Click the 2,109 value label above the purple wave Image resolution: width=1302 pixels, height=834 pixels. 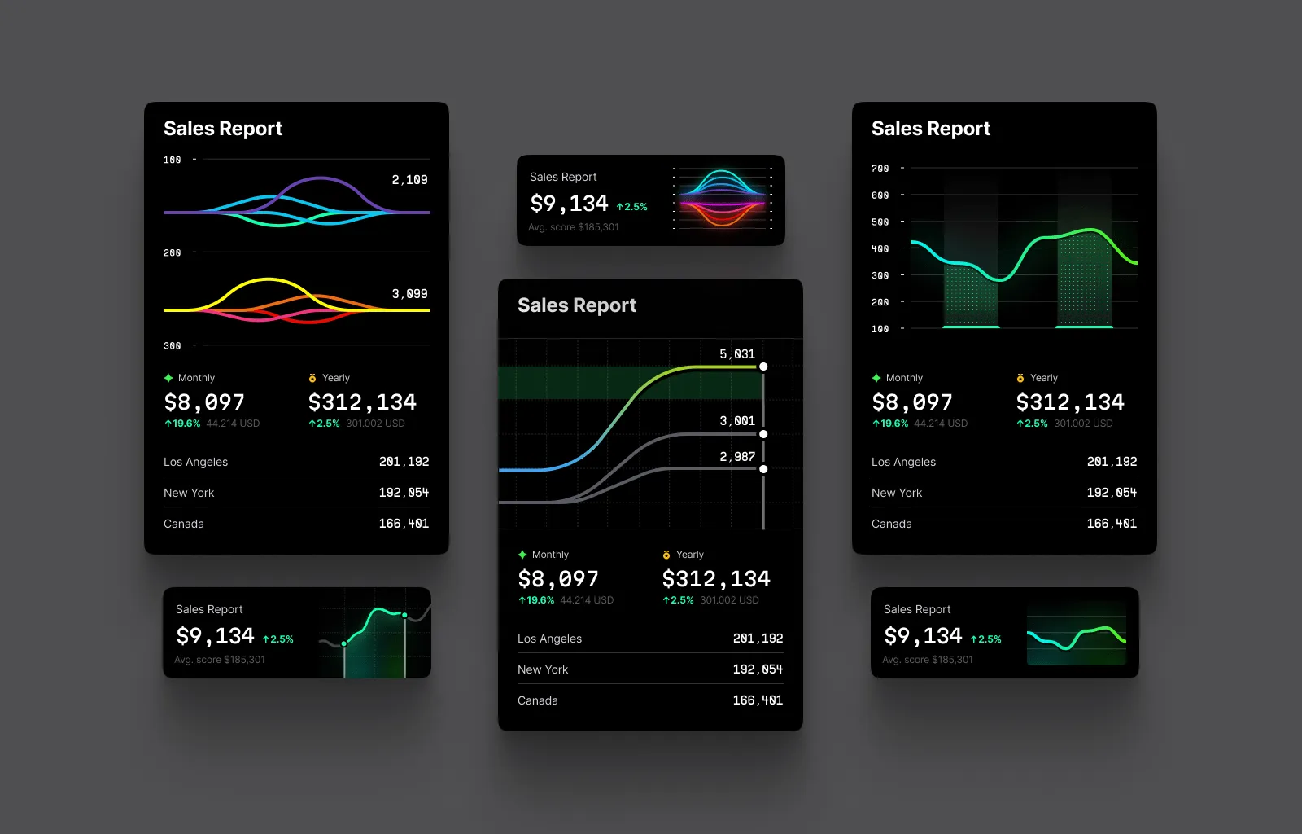tap(409, 180)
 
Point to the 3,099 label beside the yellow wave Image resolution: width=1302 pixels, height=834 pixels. tap(409, 294)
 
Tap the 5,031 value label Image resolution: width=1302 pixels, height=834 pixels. tap(737, 354)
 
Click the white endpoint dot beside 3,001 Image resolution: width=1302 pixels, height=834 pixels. tap(763, 434)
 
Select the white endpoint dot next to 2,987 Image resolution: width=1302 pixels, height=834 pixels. tap(763, 469)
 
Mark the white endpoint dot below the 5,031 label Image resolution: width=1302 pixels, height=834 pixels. tap(763, 367)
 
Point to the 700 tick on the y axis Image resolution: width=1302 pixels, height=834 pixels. tap(880, 169)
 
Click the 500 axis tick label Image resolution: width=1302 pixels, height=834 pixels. tap(880, 222)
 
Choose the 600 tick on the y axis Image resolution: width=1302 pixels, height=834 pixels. tap(880, 195)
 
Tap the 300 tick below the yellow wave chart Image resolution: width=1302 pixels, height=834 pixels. tap(172, 346)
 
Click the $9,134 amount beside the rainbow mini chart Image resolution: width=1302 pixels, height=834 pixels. tap(569, 204)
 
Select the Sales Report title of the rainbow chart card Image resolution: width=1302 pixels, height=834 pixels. tap(563, 177)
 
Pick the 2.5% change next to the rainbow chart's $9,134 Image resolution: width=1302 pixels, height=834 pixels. tap(632, 207)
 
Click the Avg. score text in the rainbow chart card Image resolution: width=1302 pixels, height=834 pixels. tap(574, 227)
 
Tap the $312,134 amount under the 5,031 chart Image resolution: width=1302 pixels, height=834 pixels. tap(716, 579)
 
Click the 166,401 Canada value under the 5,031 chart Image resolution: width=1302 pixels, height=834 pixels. tap(758, 700)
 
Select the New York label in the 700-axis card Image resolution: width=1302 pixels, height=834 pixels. tap(897, 493)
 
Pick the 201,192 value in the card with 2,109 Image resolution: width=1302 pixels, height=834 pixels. tap(404, 462)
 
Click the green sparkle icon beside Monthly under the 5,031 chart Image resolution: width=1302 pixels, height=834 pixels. tap(522, 555)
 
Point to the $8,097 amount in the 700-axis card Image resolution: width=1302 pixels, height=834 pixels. tap(911, 402)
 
